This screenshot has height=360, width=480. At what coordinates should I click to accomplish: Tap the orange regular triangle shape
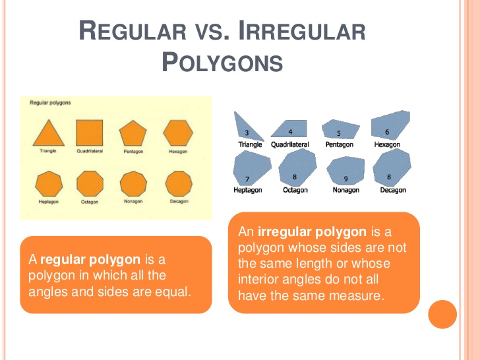click(x=49, y=134)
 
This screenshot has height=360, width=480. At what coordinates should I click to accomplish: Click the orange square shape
click(x=89, y=132)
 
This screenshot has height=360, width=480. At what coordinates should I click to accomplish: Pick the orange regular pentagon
click(x=133, y=134)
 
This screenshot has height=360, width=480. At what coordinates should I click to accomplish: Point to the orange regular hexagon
click(x=178, y=133)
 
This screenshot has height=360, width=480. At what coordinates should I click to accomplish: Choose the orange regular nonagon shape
click(x=133, y=183)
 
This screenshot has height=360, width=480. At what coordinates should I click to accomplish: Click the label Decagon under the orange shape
click(x=179, y=201)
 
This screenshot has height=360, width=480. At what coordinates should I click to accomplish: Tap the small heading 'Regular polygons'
click(x=50, y=103)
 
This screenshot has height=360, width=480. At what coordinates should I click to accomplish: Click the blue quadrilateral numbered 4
click(x=291, y=129)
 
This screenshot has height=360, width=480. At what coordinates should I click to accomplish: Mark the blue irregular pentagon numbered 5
click(x=340, y=130)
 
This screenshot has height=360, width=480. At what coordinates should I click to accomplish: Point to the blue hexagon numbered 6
click(x=390, y=127)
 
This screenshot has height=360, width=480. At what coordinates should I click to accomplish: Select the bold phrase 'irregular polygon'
click(x=313, y=232)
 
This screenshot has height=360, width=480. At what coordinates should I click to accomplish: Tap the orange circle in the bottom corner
click(x=442, y=315)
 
